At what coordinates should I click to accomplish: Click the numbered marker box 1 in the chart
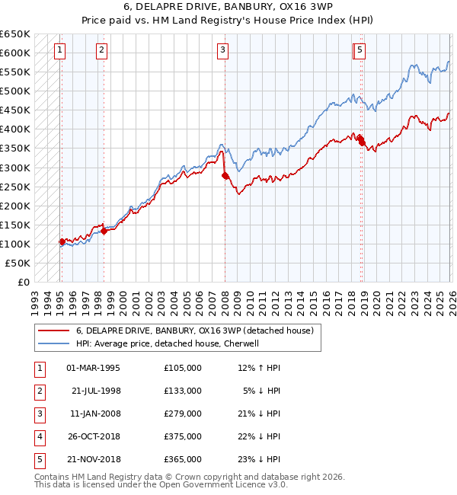coord(59,51)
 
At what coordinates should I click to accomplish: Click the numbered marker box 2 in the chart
coord(101,51)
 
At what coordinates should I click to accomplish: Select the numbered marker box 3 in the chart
coord(222,51)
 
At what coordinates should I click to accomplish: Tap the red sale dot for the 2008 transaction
coord(225,175)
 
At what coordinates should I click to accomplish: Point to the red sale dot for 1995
coord(62,241)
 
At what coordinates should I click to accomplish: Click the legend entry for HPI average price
coord(168,343)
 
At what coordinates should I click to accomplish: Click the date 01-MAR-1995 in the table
coord(93,368)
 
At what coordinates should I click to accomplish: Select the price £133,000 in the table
coord(183,391)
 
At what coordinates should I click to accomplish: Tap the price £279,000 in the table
coord(183,414)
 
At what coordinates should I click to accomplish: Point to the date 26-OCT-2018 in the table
coord(93,436)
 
